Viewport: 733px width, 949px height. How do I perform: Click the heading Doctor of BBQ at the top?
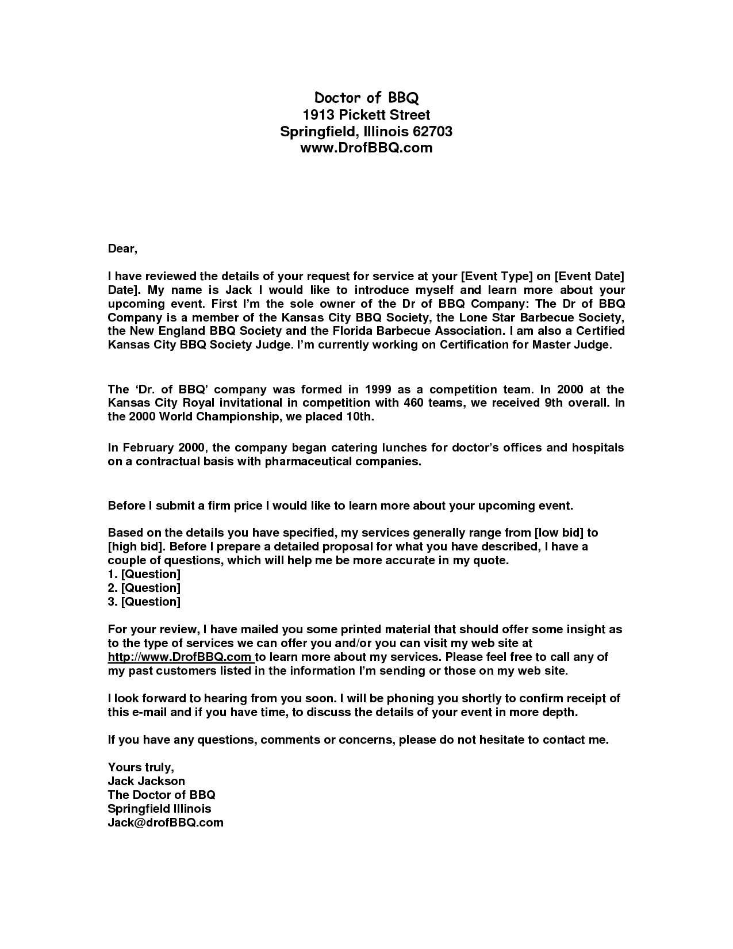pyautogui.click(x=366, y=98)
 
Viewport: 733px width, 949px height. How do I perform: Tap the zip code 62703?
pyautogui.click(x=433, y=132)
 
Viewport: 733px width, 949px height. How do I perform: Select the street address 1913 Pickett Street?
pyautogui.click(x=366, y=115)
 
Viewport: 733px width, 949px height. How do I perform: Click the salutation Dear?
pyautogui.click(x=122, y=249)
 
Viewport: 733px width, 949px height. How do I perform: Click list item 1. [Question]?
pyautogui.click(x=144, y=574)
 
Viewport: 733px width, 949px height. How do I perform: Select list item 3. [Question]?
pyautogui.click(x=144, y=602)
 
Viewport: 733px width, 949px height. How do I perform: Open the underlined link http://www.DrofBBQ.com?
pyautogui.click(x=180, y=657)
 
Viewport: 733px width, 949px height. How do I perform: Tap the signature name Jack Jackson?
pyautogui.click(x=147, y=781)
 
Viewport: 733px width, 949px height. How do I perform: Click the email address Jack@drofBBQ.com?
pyautogui.click(x=166, y=822)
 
